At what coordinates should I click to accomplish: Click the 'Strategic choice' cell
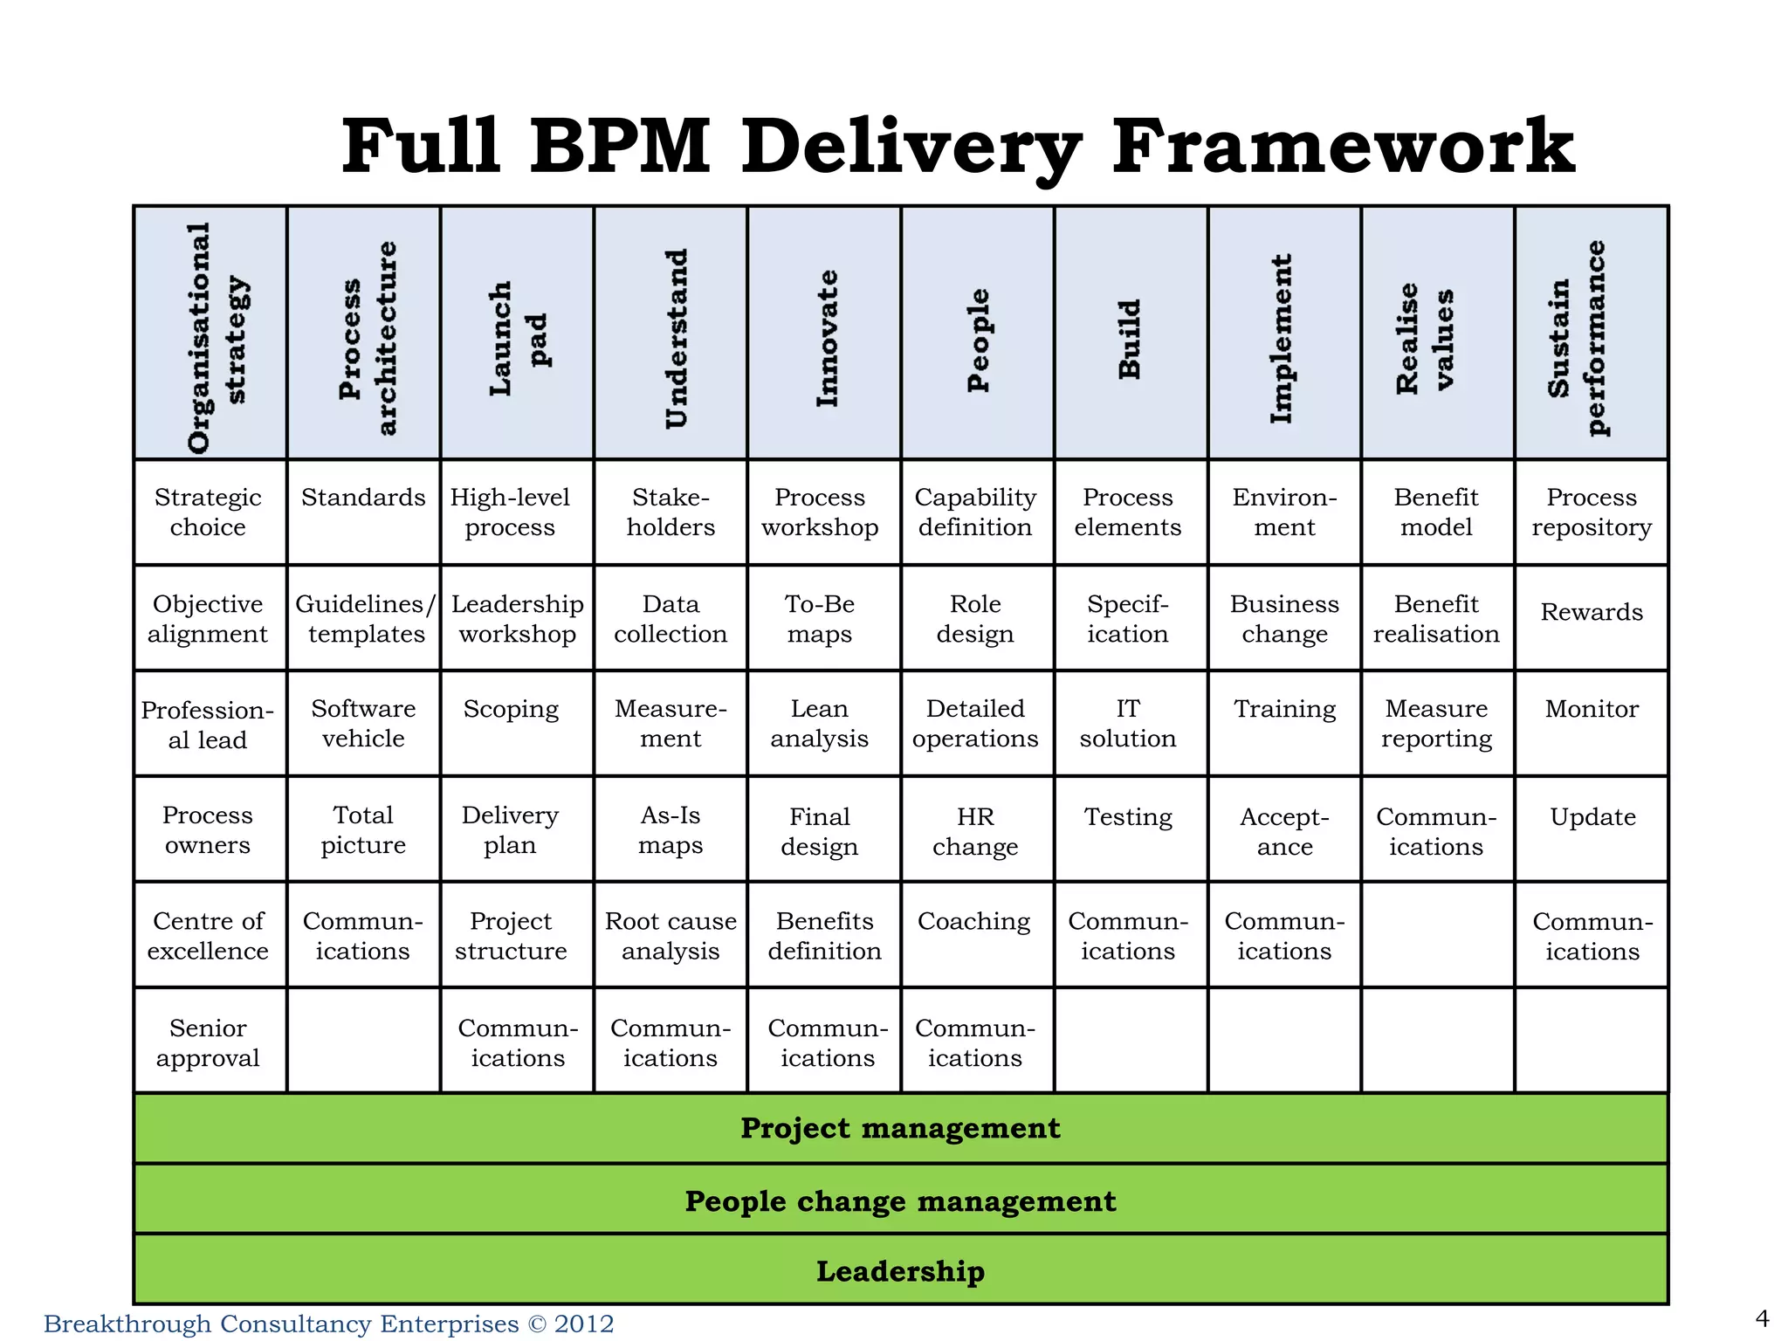pos(208,512)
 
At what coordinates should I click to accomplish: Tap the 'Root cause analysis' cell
pos(670,935)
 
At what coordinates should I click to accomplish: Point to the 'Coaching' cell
pos(974,922)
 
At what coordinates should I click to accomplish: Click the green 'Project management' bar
pos(900,1128)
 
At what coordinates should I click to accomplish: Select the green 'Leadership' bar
pos(900,1271)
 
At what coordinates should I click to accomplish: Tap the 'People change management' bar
pos(900,1201)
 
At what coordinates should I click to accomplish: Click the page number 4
pos(1762,1318)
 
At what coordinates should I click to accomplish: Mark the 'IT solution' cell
pos(1128,724)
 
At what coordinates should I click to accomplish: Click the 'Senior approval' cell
pos(208,1042)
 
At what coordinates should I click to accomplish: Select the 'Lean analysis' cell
pos(819,724)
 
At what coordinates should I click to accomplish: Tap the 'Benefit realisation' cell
pos(1436,618)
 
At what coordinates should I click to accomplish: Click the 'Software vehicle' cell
pos(363,724)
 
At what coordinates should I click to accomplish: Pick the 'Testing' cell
pos(1128,817)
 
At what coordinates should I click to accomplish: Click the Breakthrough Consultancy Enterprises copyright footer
pos(328,1324)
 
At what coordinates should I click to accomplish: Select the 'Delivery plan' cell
pos(510,829)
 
